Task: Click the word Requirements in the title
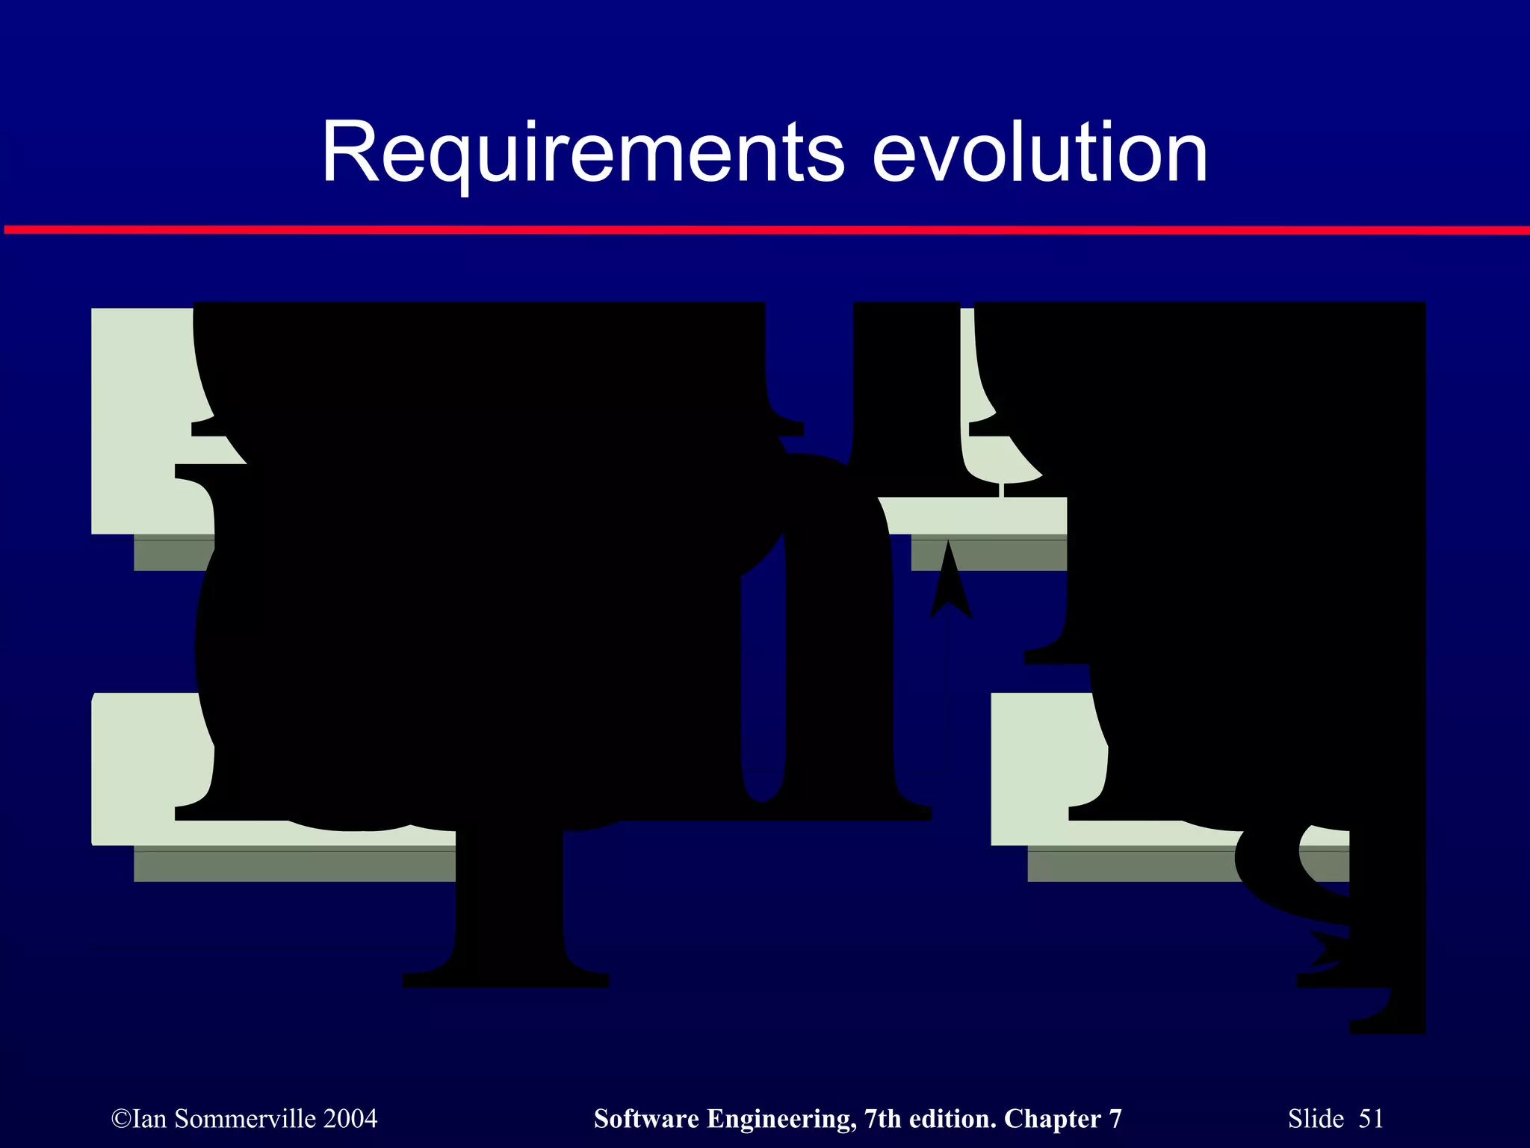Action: tap(583, 153)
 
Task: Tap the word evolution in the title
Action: tap(1039, 153)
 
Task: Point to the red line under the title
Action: tap(765, 230)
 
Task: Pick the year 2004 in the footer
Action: tap(350, 1119)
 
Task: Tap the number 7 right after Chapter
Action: tap(1115, 1119)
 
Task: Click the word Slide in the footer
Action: tap(1316, 1119)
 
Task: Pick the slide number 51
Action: tap(1371, 1119)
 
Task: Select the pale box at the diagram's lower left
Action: tap(142, 770)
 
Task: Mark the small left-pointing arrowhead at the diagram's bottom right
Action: tap(1326, 949)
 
